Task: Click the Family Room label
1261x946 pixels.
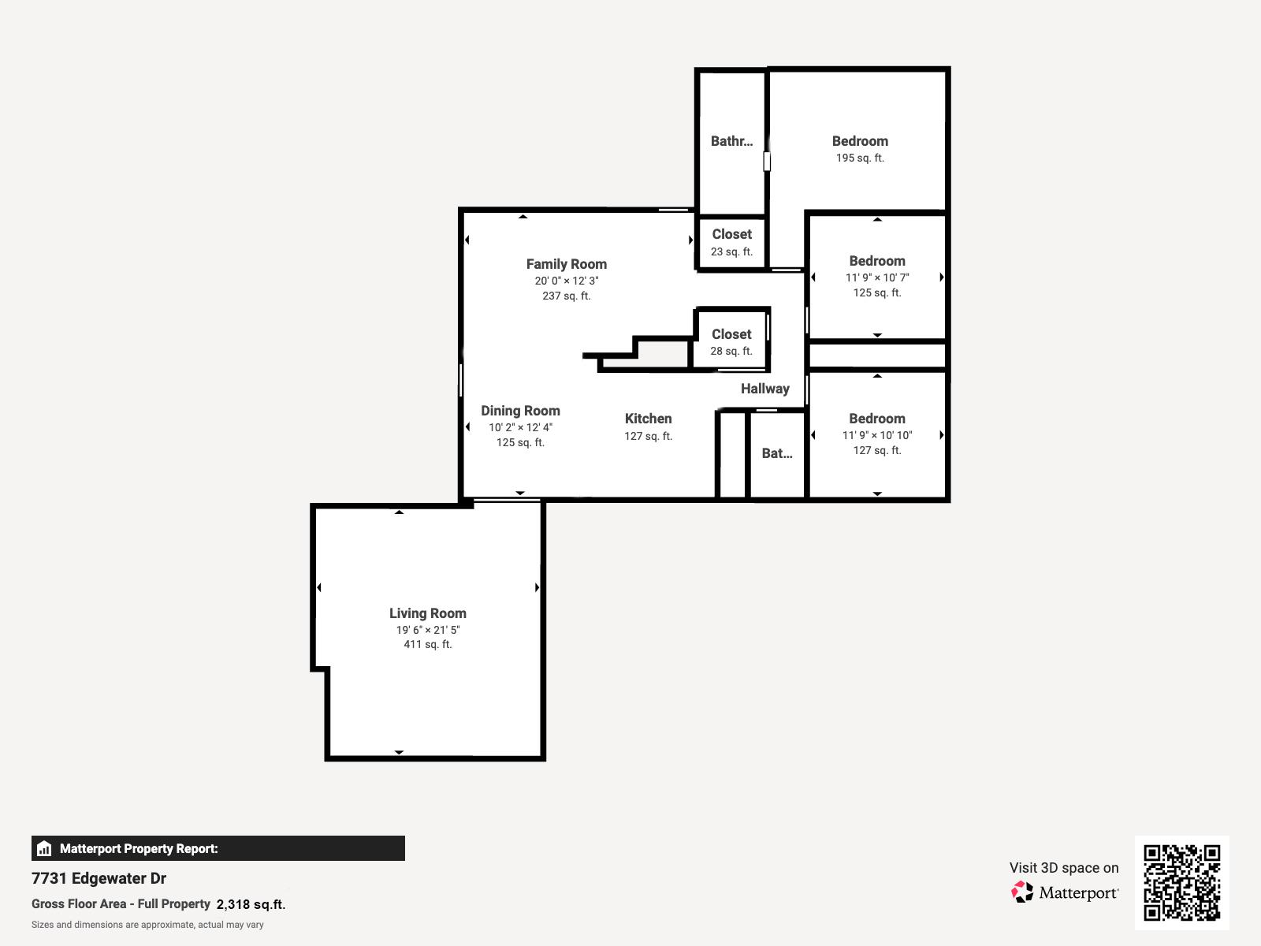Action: [x=566, y=264]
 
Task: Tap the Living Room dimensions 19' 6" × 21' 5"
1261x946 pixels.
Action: [x=427, y=630]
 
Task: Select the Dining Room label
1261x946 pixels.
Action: [x=520, y=411]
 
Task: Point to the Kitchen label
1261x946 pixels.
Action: [x=648, y=419]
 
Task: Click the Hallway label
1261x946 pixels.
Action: [x=764, y=389]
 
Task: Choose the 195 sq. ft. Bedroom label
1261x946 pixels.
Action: [x=860, y=141]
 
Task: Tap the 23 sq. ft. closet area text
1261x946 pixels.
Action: [x=731, y=251]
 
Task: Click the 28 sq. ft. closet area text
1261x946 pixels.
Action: [x=731, y=351]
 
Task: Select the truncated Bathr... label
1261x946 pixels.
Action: [x=731, y=141]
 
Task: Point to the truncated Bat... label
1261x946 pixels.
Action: [x=776, y=453]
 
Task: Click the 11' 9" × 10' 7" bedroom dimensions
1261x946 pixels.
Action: [x=877, y=277]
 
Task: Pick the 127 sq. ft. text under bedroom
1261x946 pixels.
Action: [x=877, y=450]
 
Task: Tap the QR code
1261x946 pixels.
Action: [x=1181, y=882]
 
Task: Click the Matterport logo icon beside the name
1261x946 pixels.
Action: [x=1022, y=892]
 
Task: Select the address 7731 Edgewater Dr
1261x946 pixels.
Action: [x=99, y=878]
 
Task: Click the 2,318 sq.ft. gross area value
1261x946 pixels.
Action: [x=251, y=904]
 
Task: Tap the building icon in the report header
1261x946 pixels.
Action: [x=44, y=848]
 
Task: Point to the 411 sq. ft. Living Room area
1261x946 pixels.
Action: [x=427, y=644]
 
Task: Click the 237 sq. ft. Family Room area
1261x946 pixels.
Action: [x=566, y=296]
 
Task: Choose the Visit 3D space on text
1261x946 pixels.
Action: [x=1063, y=868]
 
